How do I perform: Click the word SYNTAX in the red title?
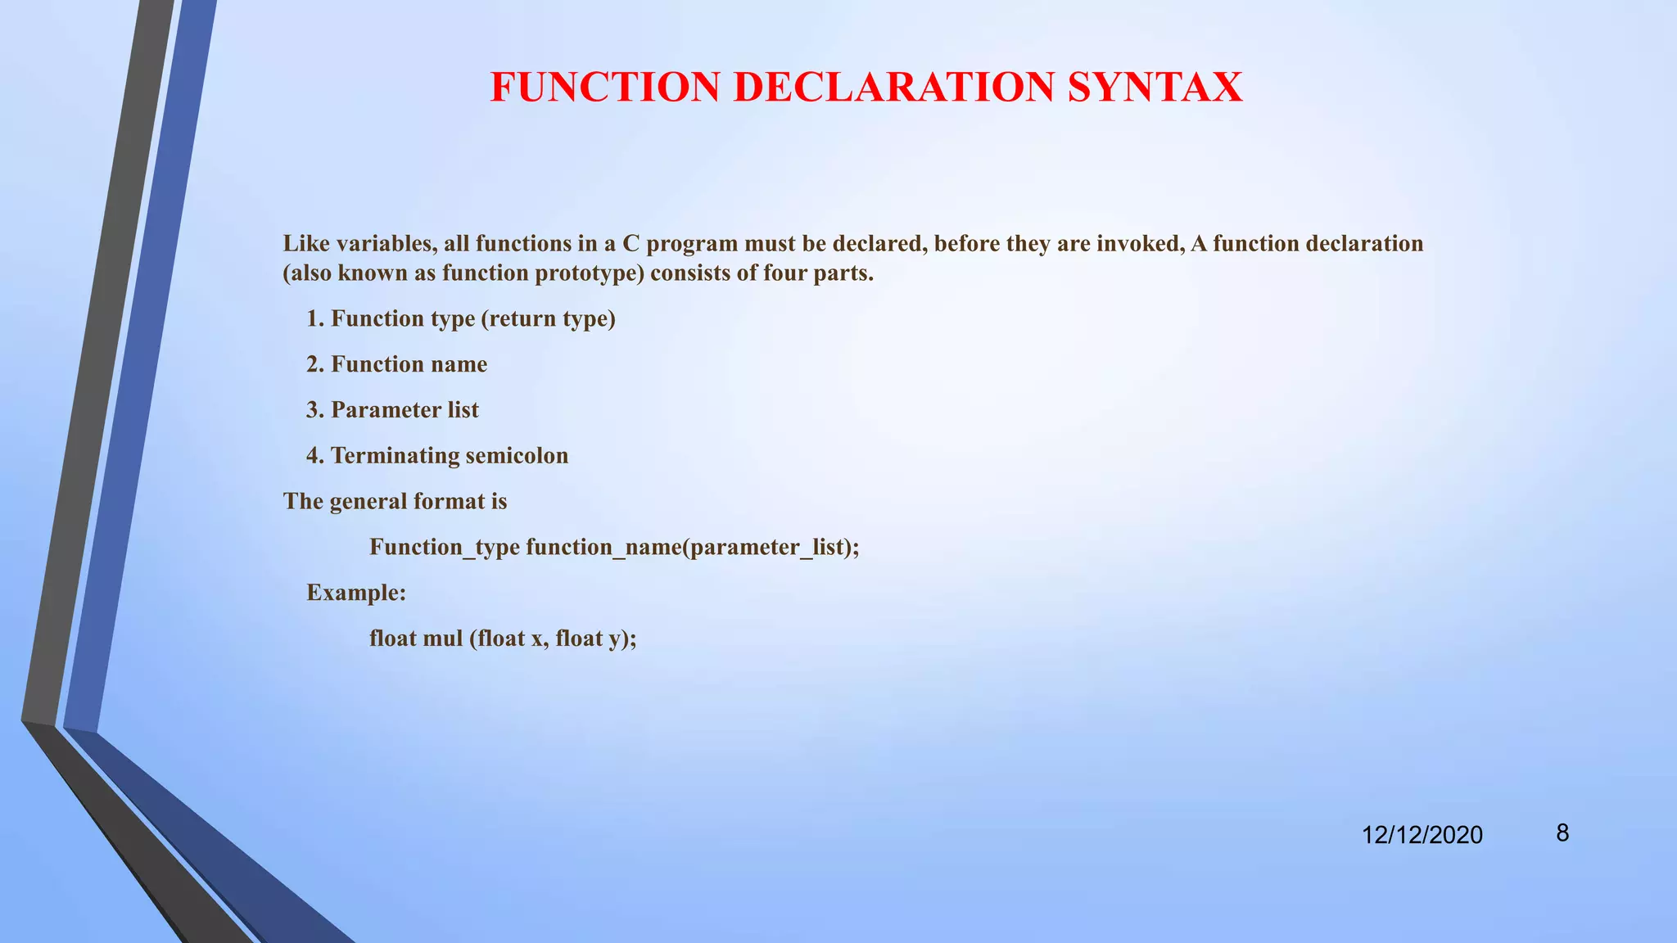(1155, 88)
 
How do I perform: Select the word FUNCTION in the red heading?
(605, 88)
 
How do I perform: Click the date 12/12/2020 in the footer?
(1422, 835)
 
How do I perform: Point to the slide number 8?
(1562, 833)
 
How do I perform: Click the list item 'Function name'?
(409, 364)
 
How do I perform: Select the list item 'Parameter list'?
(405, 410)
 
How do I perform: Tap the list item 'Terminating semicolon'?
(449, 456)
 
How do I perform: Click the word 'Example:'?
(356, 593)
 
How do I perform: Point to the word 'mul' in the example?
(443, 638)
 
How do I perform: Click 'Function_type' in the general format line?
(445, 547)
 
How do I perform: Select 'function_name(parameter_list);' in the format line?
(693, 547)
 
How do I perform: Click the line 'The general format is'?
(395, 501)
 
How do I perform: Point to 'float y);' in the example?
(596, 638)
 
